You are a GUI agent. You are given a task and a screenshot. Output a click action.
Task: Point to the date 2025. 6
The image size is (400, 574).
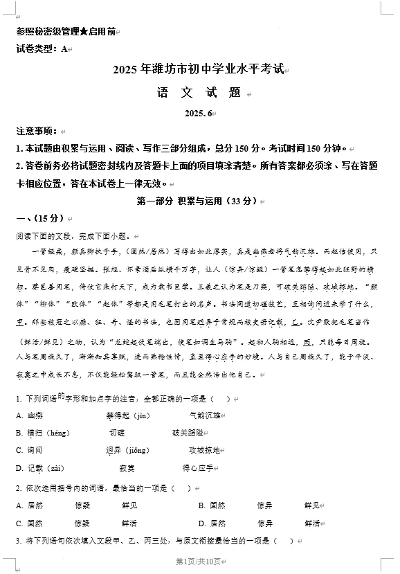[199, 113]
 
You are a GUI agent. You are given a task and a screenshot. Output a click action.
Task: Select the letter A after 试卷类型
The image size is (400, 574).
[64, 48]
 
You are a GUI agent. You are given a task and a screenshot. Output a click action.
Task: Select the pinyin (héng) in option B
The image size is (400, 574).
[60, 433]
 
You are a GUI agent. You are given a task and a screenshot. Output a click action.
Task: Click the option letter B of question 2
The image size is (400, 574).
[201, 505]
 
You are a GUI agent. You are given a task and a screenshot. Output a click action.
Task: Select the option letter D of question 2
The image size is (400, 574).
[201, 523]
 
